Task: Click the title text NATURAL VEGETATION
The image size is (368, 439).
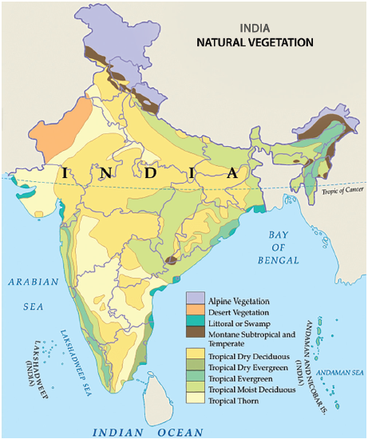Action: [x=255, y=42]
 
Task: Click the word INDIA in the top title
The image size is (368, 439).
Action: [x=254, y=26]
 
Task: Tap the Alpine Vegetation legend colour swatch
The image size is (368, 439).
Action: [x=196, y=299]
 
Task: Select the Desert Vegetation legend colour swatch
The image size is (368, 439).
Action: [x=196, y=311]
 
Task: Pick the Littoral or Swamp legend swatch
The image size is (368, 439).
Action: [x=196, y=322]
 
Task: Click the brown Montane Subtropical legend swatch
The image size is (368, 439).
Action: [x=196, y=334]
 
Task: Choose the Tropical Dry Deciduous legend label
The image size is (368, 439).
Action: [x=248, y=350]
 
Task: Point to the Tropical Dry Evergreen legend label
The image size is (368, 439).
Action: [x=247, y=363]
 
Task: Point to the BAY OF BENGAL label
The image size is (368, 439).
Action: [x=278, y=247]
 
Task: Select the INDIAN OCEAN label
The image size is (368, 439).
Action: [x=148, y=432]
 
